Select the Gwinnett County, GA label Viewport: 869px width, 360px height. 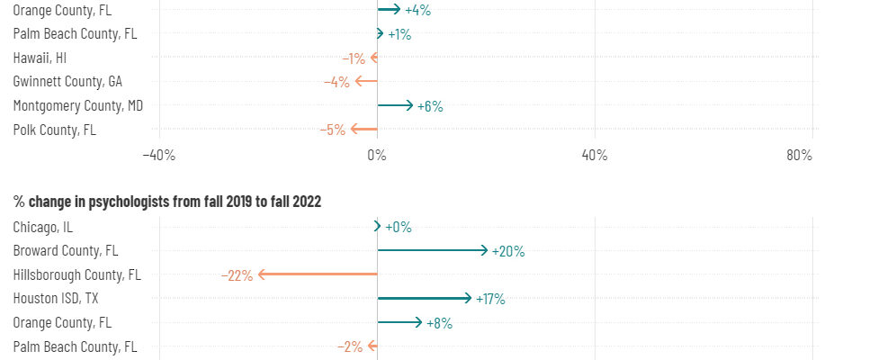pyautogui.click(x=67, y=82)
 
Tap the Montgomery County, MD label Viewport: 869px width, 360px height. pyautogui.click(x=78, y=105)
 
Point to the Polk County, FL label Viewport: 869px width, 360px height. pyautogui.click(x=54, y=130)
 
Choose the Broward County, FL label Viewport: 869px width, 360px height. pyautogui.click(x=66, y=251)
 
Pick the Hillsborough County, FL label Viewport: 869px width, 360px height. pyautogui.click(x=77, y=274)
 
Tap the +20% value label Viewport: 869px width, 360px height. pyautogui.click(x=508, y=251)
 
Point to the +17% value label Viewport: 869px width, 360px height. pyautogui.click(x=490, y=299)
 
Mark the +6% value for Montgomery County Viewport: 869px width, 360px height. pyautogui.click(x=430, y=106)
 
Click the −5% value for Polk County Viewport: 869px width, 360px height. pyautogui.click(x=333, y=130)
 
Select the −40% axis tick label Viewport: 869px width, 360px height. pyautogui.click(x=158, y=155)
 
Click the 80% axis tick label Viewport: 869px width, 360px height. pyautogui.click(x=799, y=155)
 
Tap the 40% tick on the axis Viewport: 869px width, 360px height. pyautogui.click(x=595, y=155)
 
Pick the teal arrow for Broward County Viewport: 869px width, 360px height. pyautogui.click(x=433, y=250)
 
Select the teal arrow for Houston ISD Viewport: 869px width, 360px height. pyautogui.click(x=424, y=298)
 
